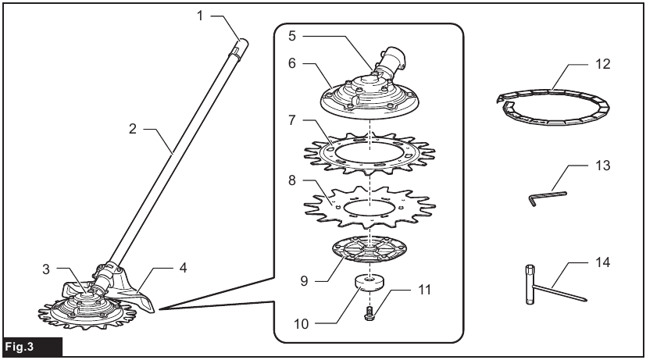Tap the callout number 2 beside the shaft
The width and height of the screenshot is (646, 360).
coord(134,130)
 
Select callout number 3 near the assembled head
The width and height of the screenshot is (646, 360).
coord(48,269)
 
